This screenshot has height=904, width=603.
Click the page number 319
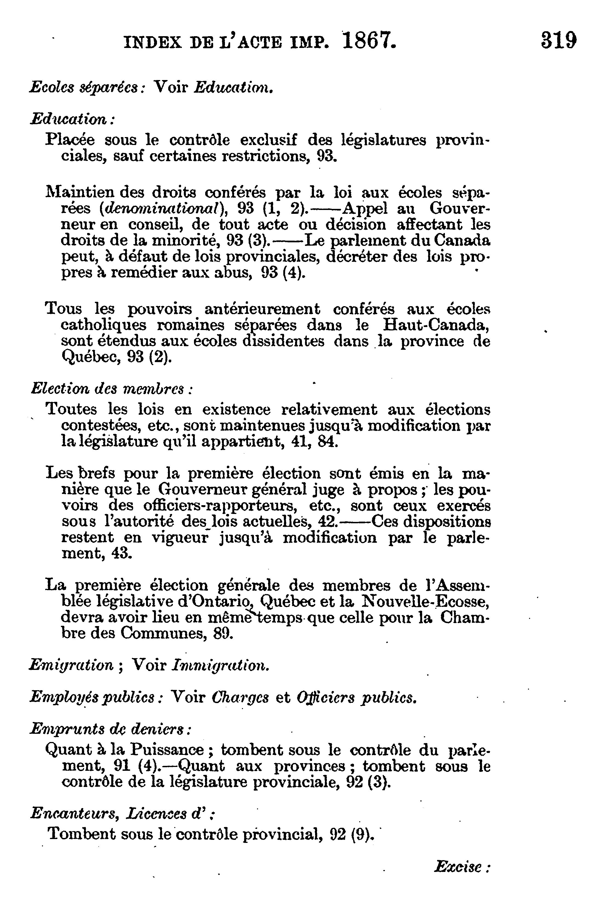(x=558, y=40)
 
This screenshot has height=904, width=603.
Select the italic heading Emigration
(x=72, y=665)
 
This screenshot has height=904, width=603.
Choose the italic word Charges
(x=240, y=697)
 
